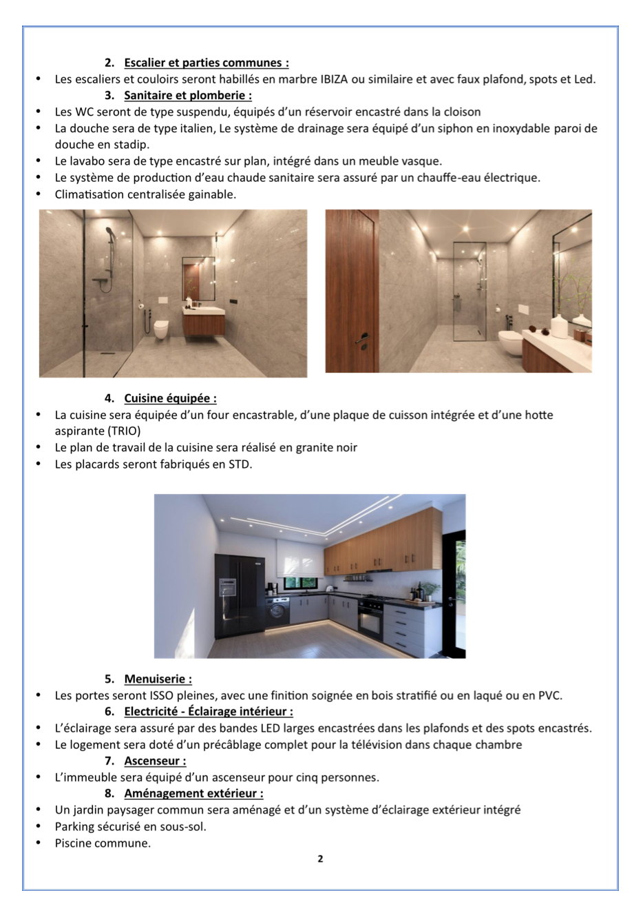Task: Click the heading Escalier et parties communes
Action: point(206,63)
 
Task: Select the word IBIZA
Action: point(334,79)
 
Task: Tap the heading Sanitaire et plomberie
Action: point(187,96)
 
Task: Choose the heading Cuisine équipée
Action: point(170,398)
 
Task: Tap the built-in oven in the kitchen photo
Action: point(370,617)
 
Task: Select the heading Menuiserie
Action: point(158,679)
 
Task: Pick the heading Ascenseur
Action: point(155,761)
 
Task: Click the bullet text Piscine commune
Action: point(103,843)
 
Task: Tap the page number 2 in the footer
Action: point(320,859)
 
